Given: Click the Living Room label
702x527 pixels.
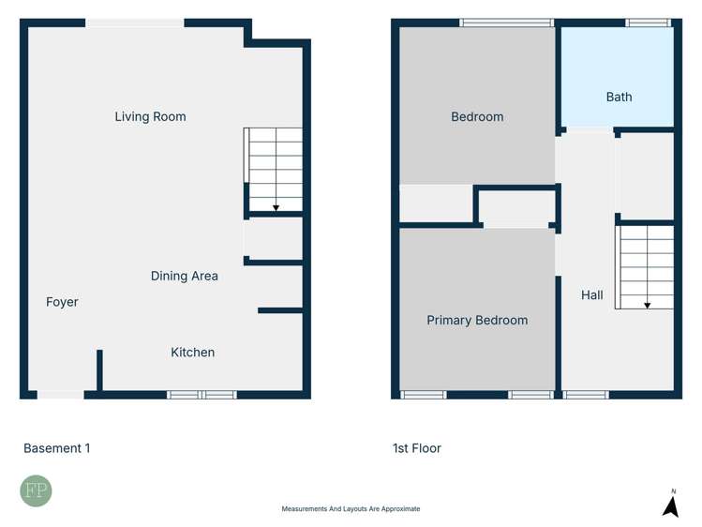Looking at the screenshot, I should point(150,116).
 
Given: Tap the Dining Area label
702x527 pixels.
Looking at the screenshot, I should point(185,276).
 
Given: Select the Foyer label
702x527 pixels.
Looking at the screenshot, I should point(62,302).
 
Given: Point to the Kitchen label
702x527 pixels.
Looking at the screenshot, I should point(192,353).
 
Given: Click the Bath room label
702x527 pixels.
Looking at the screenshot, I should point(619,97).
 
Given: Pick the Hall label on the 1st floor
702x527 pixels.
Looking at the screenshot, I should point(591,295).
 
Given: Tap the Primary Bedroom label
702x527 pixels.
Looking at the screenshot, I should point(477,321).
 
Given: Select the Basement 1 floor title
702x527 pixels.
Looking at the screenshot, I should point(57,448).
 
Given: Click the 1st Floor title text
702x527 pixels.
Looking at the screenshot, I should point(417,448).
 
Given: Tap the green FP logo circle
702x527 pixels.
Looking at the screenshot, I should point(37,491).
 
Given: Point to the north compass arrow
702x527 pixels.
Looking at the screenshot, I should point(670,505).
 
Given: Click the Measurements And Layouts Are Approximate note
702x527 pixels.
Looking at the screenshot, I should point(351,509).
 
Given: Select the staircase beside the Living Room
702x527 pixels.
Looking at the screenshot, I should point(275,169).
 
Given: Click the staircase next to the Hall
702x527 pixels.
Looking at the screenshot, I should point(645,267).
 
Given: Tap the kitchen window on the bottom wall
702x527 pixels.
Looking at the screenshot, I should point(202,395).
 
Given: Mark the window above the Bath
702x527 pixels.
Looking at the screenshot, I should point(648,23).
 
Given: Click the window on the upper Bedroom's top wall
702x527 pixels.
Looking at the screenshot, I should point(507,23).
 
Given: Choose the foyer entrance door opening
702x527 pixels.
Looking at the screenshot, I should point(61,395).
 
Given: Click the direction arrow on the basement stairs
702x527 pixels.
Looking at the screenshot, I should point(276,205).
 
